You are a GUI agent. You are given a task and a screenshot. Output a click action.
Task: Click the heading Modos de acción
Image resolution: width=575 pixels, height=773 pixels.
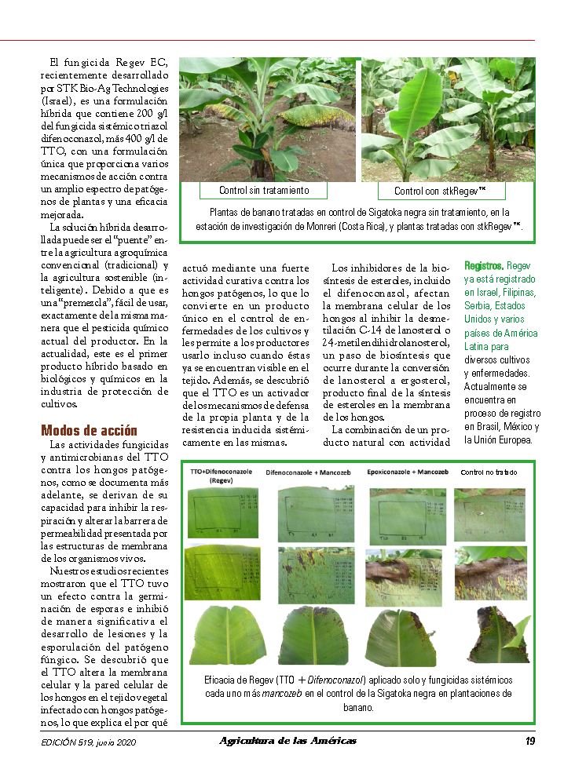pos(89,430)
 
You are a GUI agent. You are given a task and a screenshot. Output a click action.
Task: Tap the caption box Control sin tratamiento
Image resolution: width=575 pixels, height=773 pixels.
pos(264,191)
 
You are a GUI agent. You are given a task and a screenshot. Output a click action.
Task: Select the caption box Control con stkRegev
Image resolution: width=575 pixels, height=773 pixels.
pos(439,191)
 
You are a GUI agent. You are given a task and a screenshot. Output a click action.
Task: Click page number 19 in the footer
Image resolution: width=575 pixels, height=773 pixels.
pos(530,741)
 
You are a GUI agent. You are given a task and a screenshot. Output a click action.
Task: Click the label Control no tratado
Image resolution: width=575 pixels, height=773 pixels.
pos(489,472)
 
